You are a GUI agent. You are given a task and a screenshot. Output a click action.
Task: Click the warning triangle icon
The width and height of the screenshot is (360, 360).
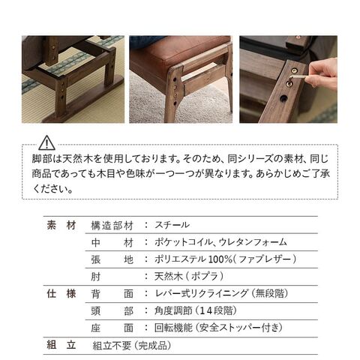tap(46, 142)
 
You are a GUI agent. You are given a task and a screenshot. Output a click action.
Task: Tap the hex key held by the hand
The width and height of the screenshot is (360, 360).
tap(297, 78)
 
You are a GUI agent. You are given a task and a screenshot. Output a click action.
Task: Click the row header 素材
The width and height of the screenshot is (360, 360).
tap(61, 225)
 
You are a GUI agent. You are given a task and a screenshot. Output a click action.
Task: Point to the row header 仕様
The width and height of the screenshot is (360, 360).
tap(61, 293)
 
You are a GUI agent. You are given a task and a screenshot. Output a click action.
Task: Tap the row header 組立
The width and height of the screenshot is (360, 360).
tap(61, 345)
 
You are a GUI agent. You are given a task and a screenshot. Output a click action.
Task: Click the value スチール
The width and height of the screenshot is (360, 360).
tap(172, 225)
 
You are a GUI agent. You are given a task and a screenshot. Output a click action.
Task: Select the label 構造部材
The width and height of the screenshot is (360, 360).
tap(112, 226)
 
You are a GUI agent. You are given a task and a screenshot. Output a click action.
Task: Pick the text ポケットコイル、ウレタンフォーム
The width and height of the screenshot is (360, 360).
tap(220, 242)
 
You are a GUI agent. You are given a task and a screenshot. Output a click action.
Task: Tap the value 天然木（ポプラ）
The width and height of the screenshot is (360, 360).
tap(189, 277)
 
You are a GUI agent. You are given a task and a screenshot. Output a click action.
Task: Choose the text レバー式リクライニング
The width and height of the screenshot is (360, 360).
tap(202, 293)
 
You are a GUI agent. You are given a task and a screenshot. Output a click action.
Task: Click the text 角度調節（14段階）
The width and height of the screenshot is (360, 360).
tap(196, 310)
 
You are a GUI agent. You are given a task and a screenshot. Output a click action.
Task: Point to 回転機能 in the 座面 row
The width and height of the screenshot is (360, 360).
tap(173, 328)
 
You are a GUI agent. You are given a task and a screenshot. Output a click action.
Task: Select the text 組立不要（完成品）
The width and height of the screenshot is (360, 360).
tap(132, 346)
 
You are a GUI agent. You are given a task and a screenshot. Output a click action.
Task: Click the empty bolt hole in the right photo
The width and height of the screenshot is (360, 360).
tap(283, 98)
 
